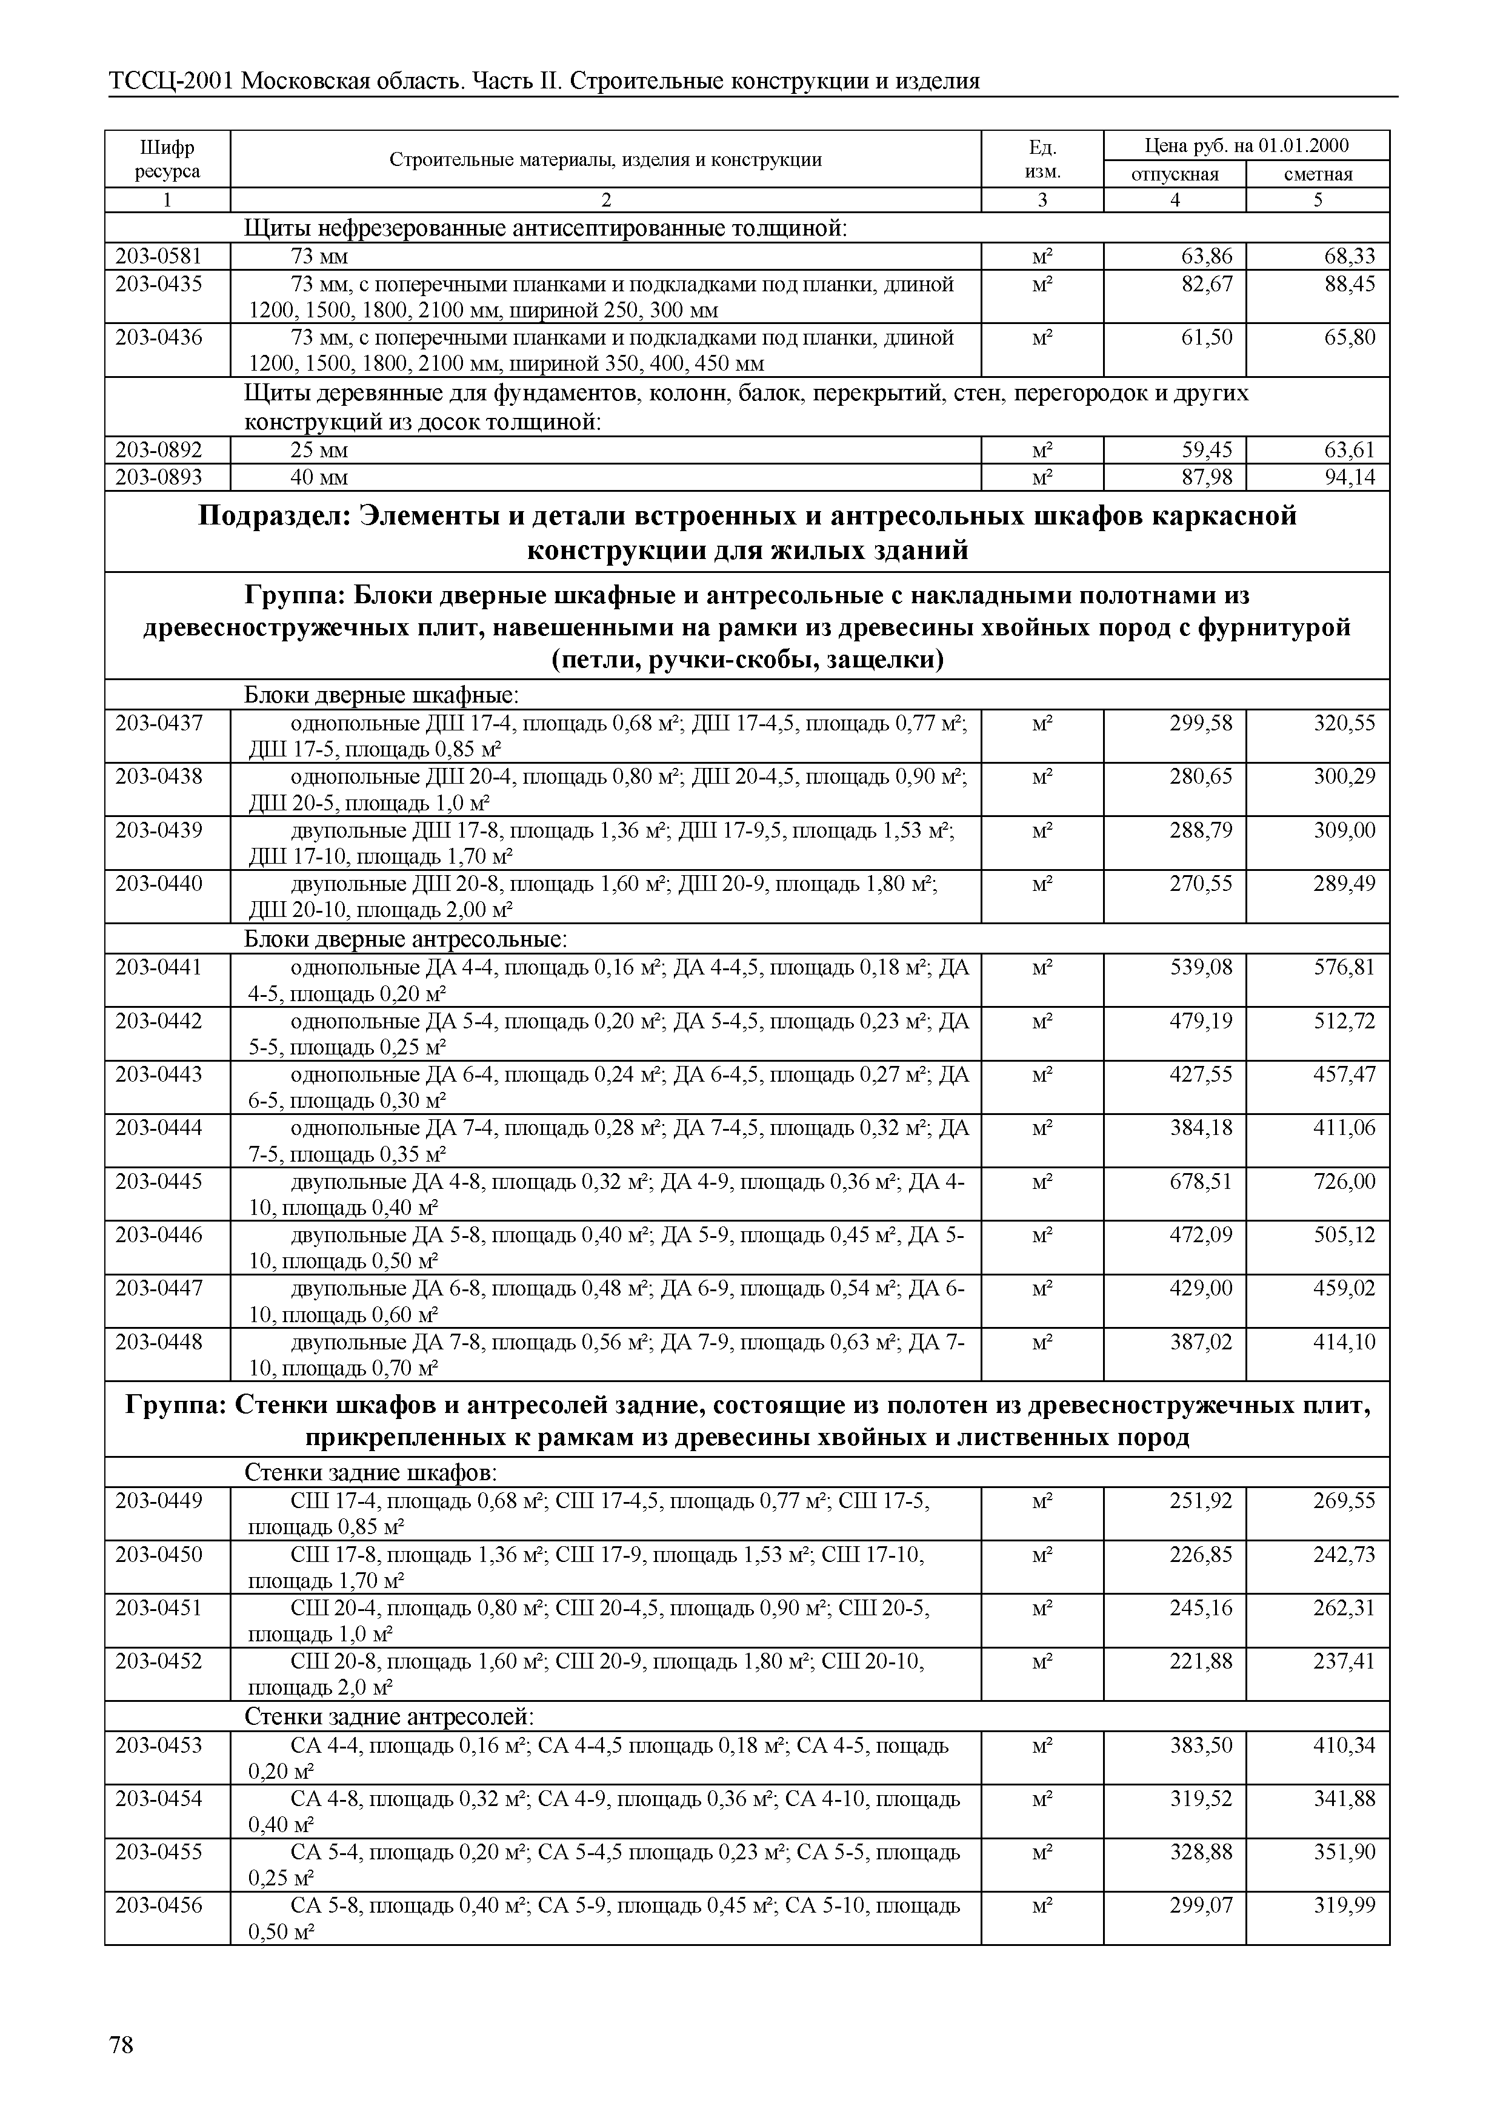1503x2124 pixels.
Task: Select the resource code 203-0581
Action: tap(158, 256)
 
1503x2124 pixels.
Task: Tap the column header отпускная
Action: tap(1175, 174)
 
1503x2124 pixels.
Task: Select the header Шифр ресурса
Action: tap(167, 159)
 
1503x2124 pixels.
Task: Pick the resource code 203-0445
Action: tap(158, 1182)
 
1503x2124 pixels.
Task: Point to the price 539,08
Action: tap(1201, 968)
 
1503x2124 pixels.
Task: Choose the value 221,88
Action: tap(1201, 1661)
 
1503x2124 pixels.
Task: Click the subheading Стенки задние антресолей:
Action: tap(388, 1717)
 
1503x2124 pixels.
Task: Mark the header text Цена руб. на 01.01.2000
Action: tap(1245, 145)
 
